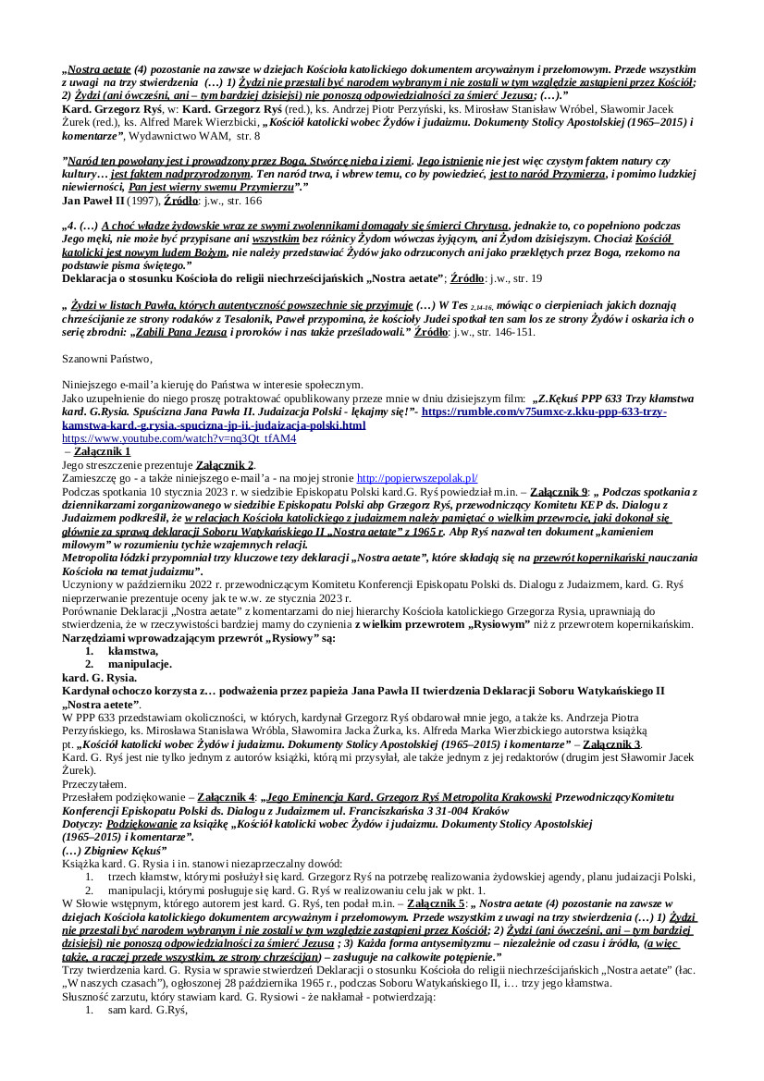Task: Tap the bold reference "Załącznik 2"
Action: click(x=225, y=464)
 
